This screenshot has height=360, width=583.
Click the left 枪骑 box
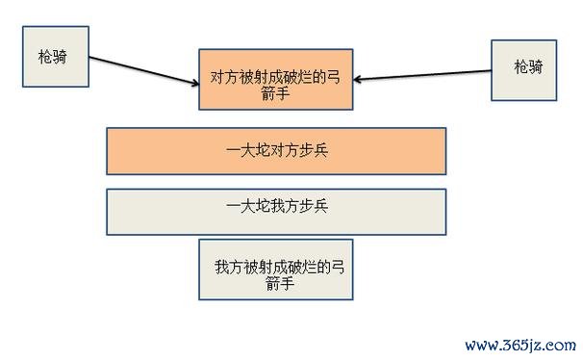click(56, 57)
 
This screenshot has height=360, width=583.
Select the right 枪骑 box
click(527, 69)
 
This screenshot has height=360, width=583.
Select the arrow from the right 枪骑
click(428, 73)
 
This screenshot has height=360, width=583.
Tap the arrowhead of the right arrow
click(362, 78)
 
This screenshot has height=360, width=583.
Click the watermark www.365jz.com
click(520, 344)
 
